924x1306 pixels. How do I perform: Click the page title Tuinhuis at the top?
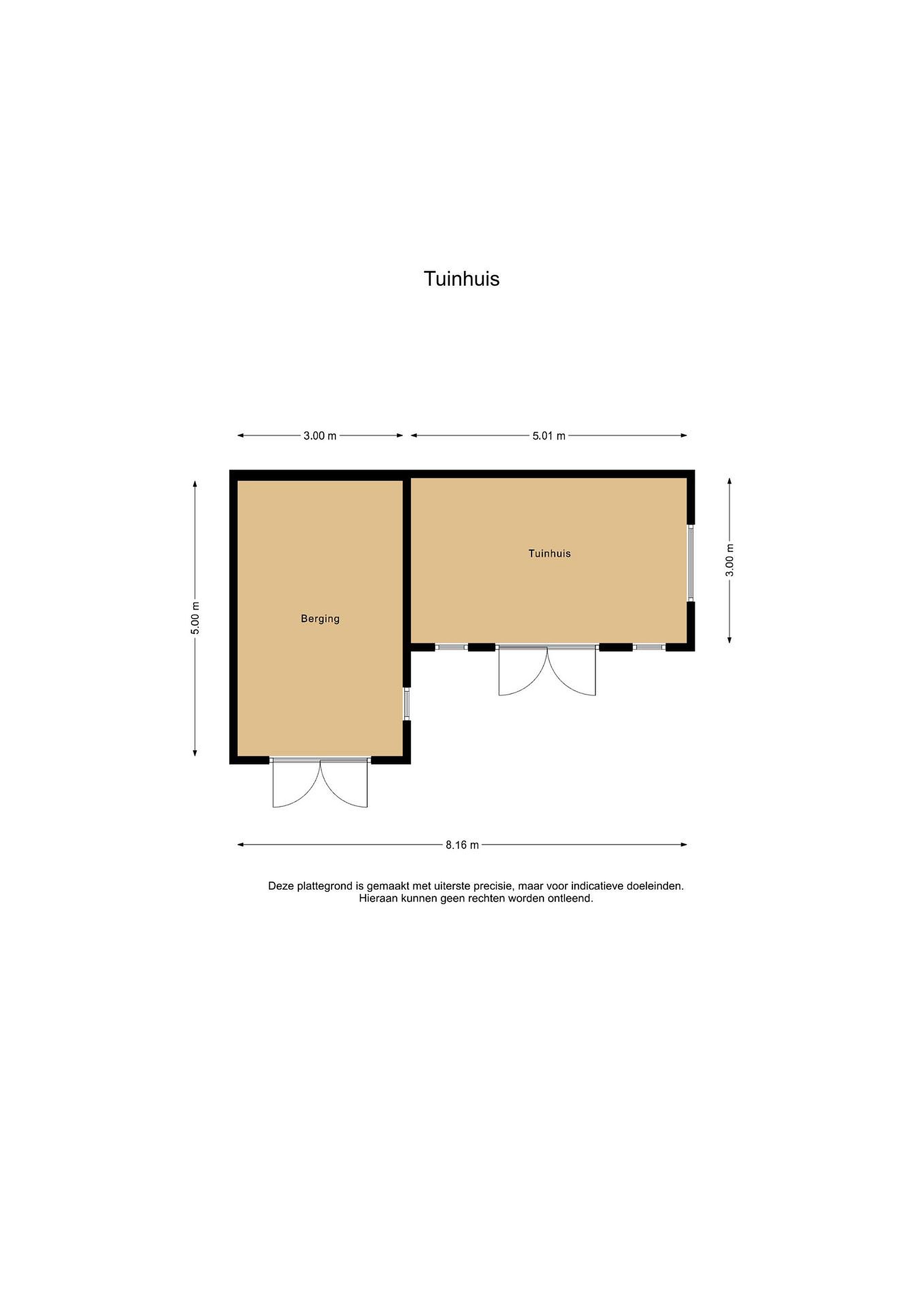point(461,279)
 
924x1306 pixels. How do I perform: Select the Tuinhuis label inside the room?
point(549,553)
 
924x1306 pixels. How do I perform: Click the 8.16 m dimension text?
point(462,845)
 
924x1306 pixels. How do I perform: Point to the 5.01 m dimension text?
point(548,436)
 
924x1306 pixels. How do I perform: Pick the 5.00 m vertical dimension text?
point(195,618)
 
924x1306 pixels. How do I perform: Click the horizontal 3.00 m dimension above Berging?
point(320,436)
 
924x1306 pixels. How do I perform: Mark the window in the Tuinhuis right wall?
point(691,563)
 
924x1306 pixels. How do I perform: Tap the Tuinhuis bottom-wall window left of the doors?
point(452,647)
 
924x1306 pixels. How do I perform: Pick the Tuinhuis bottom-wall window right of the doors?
point(649,647)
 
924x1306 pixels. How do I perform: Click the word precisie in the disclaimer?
point(494,886)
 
